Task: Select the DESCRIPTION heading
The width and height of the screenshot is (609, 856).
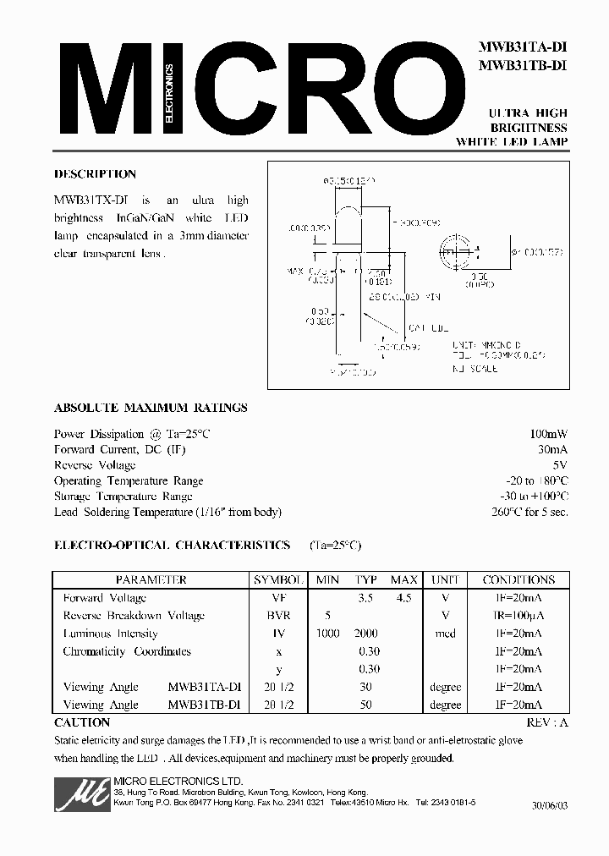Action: (95, 174)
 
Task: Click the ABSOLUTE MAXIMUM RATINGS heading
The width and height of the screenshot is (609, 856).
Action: (151, 408)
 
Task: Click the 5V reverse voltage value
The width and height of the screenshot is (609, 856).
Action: (560, 465)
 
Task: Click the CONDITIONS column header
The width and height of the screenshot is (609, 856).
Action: (518, 580)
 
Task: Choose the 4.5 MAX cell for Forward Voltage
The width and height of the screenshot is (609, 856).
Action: (403, 598)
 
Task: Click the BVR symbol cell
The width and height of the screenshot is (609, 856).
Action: (279, 616)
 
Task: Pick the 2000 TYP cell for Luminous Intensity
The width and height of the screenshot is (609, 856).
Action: (366, 634)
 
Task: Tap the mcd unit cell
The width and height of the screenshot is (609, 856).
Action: (445, 634)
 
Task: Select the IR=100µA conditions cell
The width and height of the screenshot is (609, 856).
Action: (518, 616)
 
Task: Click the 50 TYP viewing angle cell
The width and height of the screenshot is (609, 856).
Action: (366, 705)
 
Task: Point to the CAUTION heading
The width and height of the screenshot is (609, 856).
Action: (82, 723)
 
